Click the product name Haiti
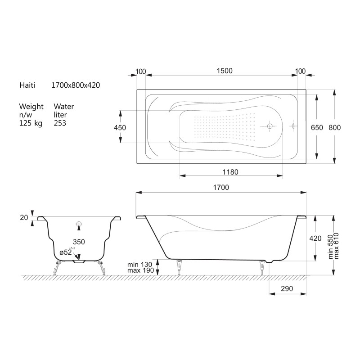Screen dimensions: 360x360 [27, 85]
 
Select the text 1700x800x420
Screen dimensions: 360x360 [76, 85]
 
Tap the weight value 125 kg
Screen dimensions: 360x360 [31, 123]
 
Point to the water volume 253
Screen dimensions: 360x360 [60, 123]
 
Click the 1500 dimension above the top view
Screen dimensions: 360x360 [225, 71]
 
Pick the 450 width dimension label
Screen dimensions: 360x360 [120, 128]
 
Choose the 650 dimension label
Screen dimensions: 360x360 [317, 128]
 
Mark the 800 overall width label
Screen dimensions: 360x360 [334, 128]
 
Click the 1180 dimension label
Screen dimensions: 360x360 [230, 172]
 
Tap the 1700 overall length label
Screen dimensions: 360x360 [221, 188]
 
